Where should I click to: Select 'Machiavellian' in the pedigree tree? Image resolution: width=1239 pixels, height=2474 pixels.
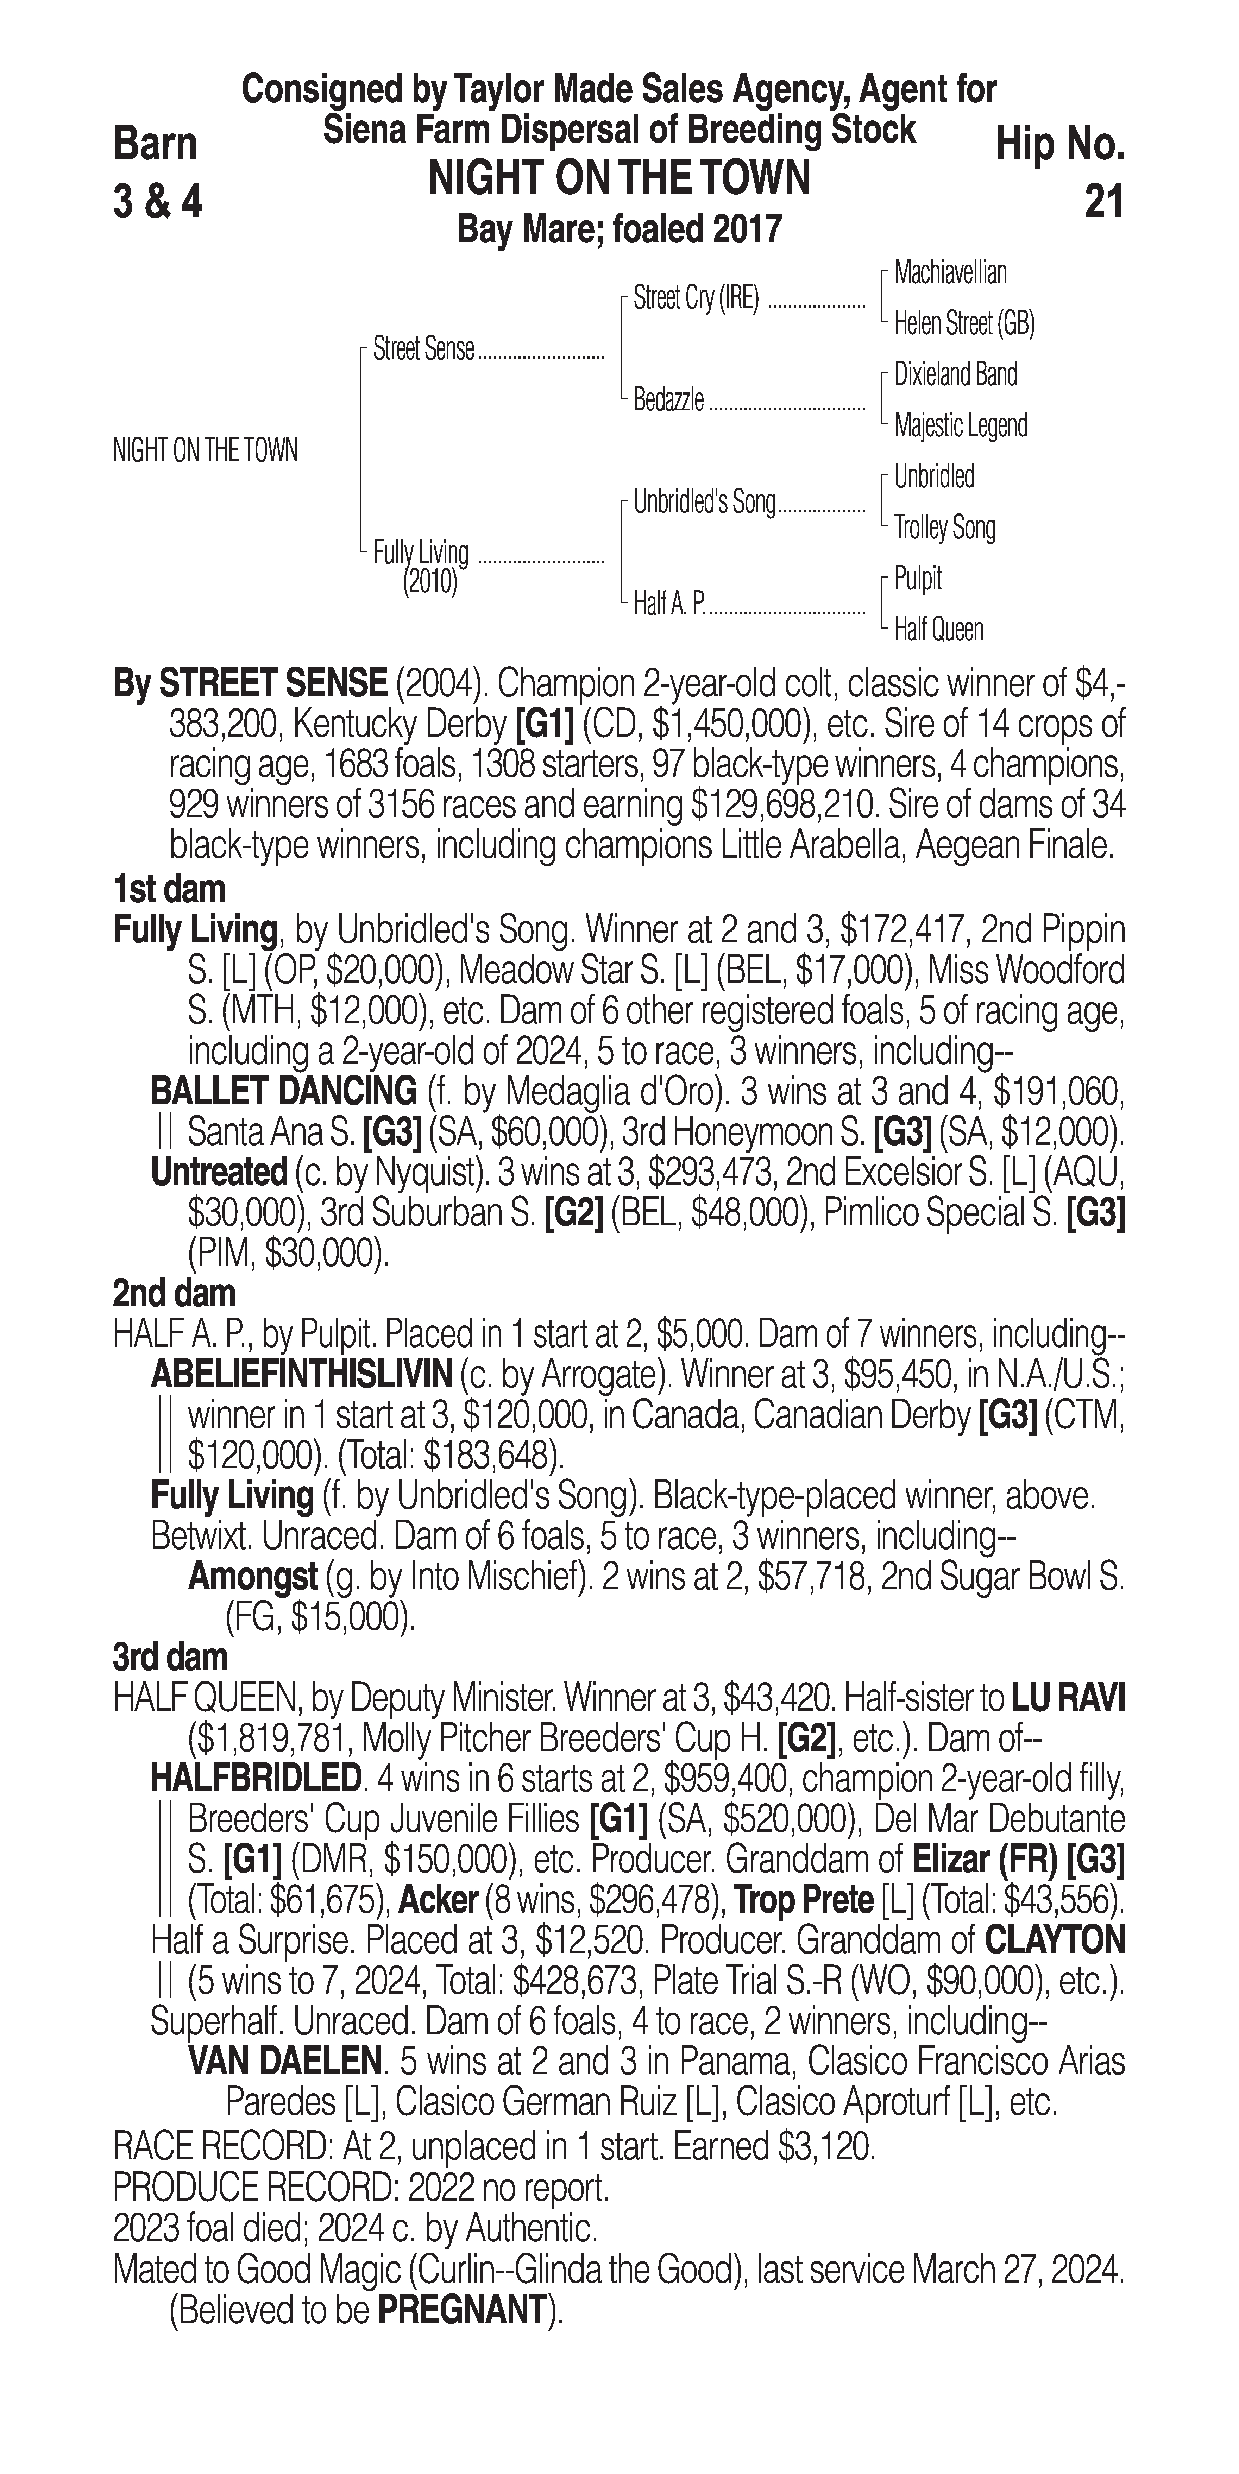[950, 273]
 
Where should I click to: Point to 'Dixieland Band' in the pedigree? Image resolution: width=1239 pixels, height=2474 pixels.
[955, 374]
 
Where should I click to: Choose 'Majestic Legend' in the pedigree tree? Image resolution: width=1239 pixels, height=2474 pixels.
[961, 425]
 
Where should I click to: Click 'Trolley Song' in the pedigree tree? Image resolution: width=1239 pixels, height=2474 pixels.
[944, 527]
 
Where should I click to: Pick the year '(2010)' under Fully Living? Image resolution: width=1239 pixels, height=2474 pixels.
[429, 582]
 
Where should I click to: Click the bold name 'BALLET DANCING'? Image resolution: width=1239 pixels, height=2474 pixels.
[283, 1092]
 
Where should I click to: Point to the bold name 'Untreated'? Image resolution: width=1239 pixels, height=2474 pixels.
[219, 1173]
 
